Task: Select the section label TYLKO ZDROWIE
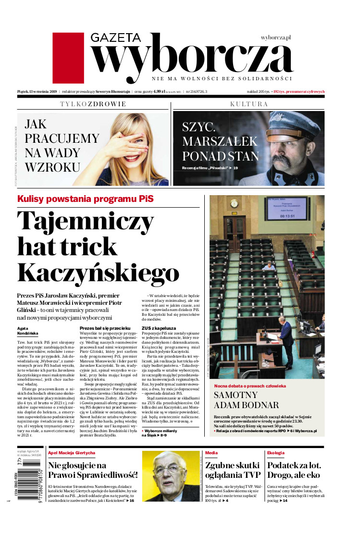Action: tap(93, 104)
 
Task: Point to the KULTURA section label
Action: tap(248, 104)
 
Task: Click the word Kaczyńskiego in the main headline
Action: tap(99, 273)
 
